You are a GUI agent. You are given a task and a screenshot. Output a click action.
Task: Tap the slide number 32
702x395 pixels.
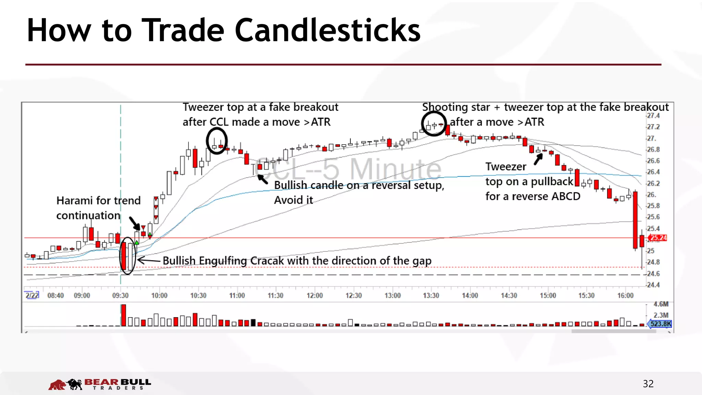648,384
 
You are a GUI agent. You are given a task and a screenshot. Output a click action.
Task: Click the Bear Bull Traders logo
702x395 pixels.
99,384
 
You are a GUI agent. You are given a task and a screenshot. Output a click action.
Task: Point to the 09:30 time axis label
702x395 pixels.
120,296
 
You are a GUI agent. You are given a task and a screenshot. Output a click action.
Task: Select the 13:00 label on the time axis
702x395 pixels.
392,296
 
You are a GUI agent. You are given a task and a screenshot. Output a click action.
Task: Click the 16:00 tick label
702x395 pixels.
625,296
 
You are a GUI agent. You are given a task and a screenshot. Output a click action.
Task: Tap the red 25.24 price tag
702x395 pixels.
658,238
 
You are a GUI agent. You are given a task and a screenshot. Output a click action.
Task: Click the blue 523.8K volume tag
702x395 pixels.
661,324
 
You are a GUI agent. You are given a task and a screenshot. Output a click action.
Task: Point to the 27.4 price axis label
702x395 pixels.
653,116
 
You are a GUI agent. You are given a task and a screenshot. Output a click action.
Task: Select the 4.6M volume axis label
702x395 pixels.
661,304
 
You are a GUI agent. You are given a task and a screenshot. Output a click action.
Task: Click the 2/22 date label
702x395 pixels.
32,295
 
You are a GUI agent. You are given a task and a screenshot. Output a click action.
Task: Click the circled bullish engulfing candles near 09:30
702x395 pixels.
127,255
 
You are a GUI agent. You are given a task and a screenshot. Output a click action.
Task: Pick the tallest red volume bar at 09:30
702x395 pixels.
123,315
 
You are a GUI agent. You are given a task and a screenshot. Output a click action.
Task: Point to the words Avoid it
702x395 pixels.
293,200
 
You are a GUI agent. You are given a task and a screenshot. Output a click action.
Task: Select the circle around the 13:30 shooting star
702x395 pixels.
434,124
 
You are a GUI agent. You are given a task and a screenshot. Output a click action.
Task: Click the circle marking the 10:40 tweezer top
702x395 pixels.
217,141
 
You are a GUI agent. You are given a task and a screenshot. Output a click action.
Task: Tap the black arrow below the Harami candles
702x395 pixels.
135,223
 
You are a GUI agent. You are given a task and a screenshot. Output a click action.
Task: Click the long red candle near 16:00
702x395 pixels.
635,219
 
